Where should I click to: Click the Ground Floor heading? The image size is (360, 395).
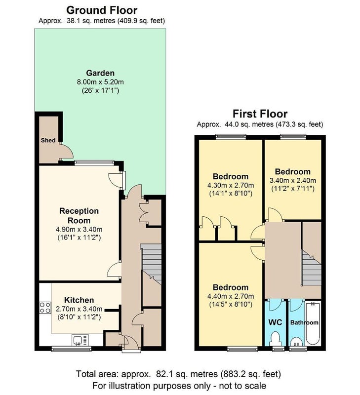[x=102, y=10]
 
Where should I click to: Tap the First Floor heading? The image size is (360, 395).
[x=260, y=114]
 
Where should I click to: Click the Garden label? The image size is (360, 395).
[x=100, y=73]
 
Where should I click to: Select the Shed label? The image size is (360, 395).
[x=48, y=140]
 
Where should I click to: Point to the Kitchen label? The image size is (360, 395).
[x=79, y=300]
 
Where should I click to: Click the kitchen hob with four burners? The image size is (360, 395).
[x=45, y=308]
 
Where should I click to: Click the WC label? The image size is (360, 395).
[x=275, y=322]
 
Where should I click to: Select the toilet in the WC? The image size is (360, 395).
[x=275, y=339]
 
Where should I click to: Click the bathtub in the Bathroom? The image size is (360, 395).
[x=313, y=324]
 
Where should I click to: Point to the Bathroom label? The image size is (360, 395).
[x=304, y=323]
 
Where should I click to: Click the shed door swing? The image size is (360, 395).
[x=67, y=151]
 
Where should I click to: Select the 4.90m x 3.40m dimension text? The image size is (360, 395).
[x=79, y=230]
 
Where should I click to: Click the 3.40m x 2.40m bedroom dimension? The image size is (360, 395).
[x=293, y=181]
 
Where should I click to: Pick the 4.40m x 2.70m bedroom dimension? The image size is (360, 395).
[x=231, y=297]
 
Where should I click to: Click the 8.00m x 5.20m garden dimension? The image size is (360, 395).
[x=100, y=82]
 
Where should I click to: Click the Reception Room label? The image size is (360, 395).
[x=79, y=216]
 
